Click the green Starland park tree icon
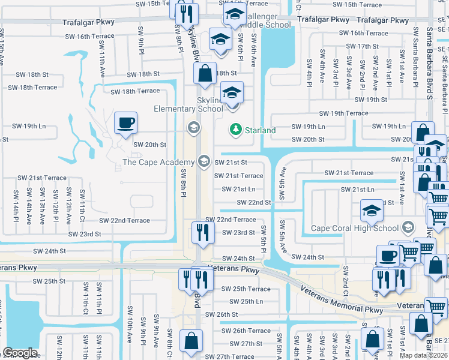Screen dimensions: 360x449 click(236, 130)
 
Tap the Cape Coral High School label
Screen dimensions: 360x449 click(354, 228)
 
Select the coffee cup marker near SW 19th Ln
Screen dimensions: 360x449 click(125, 124)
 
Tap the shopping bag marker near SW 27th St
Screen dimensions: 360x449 click(191, 341)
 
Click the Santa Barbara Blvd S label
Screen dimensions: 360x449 click(429, 60)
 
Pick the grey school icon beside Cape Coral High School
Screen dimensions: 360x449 click(408, 227)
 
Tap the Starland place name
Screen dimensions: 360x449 click(261, 130)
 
